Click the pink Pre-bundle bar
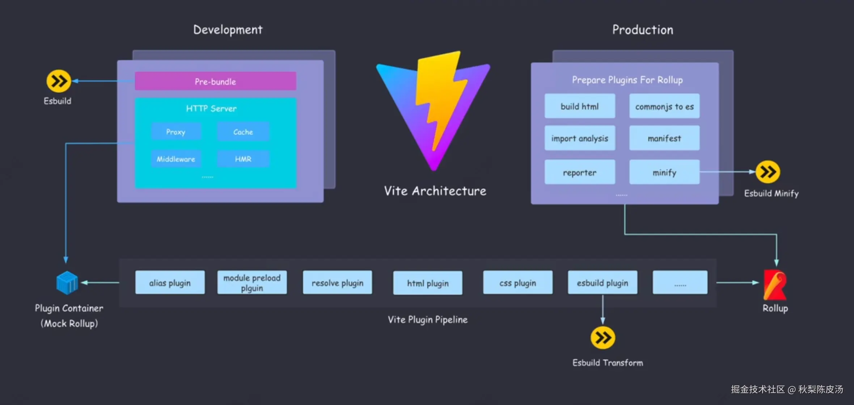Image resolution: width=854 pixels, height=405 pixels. [215, 81]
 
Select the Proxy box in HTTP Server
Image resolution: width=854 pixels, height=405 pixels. [176, 131]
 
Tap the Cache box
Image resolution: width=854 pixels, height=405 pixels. [243, 131]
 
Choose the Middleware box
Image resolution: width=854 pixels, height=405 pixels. [176, 159]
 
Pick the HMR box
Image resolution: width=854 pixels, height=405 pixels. [243, 159]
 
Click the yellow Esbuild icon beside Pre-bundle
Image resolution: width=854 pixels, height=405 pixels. [58, 81]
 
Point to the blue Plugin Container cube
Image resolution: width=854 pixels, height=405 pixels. [67, 283]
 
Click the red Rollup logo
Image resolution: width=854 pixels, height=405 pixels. [775, 285]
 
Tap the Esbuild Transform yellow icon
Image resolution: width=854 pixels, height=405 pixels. [603, 338]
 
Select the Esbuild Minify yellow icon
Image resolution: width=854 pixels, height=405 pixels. [768, 172]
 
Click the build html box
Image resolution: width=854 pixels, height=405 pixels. [580, 106]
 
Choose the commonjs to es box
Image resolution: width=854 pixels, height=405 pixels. [664, 106]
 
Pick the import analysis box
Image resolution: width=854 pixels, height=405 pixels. [580, 138]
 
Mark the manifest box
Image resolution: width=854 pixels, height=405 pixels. [664, 138]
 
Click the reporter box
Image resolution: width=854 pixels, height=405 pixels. [580, 172]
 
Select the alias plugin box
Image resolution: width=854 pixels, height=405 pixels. [170, 283]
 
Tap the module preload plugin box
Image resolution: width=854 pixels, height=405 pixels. [252, 283]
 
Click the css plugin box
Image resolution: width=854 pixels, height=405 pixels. [518, 283]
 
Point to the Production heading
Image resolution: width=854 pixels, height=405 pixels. [643, 30]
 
